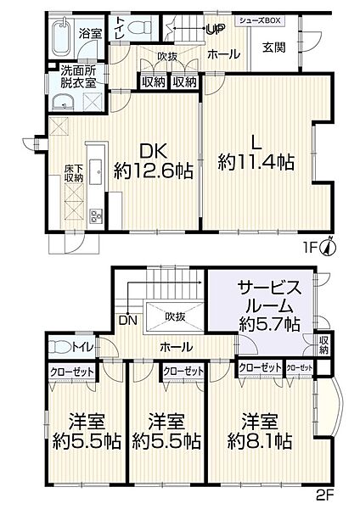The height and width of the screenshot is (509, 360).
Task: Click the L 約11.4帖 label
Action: [x=256, y=152]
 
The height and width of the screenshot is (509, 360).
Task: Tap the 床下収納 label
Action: [x=75, y=173]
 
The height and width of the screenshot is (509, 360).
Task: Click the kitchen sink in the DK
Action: [x=95, y=170]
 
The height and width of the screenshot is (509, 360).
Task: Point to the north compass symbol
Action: [x=331, y=246]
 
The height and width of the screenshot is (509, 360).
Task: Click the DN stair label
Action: [x=128, y=320]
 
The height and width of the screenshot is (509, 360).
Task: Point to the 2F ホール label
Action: [x=176, y=346]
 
